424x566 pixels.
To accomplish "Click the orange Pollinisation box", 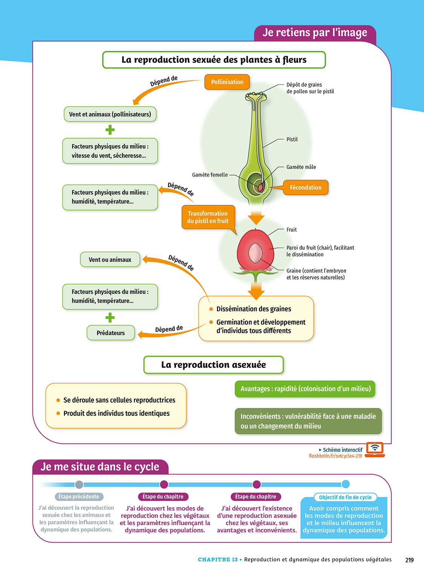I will click(227, 82).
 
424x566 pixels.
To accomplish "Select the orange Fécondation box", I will click(305, 188).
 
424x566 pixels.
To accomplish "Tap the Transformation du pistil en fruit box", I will click(208, 217).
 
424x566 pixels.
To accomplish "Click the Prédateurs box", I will click(110, 333).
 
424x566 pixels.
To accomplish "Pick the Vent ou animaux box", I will click(110, 260).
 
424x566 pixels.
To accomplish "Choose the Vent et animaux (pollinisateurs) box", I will click(110, 114).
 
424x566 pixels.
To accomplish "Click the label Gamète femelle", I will click(210, 175).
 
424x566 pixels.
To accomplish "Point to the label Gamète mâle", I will click(301, 167).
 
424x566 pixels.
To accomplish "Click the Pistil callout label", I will click(292, 139).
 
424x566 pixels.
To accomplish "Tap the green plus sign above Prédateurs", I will click(110, 317).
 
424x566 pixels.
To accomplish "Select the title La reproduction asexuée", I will click(213, 365).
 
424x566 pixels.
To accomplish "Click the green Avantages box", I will click(305, 389).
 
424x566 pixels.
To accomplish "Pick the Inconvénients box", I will click(308, 421).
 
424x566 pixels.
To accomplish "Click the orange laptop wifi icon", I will click(375, 449).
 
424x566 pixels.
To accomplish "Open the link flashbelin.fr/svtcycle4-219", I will click(335, 456).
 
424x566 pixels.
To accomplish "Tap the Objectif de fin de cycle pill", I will click(345, 497).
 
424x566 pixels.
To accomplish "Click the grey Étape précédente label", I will click(78, 497).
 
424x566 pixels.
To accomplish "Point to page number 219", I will click(409, 560).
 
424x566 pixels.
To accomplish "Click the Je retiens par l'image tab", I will click(315, 33).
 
